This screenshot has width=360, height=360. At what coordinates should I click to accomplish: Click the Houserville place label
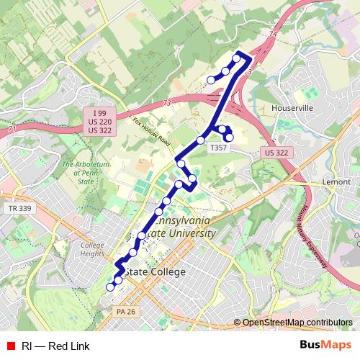pyautogui.click(x=292, y=107)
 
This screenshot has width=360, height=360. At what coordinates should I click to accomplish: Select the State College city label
pyautogui.click(x=154, y=271)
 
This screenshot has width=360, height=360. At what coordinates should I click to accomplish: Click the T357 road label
pyautogui.click(x=217, y=148)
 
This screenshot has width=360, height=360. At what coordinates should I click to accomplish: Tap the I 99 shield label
pyautogui.click(x=99, y=114)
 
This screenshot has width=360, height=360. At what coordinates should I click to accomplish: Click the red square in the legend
pyautogui.click(x=10, y=346)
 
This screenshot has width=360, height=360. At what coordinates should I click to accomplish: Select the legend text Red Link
pyautogui.click(x=69, y=346)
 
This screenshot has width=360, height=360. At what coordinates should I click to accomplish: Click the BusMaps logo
pyautogui.click(x=325, y=346)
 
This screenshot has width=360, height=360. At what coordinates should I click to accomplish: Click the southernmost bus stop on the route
pyautogui.click(x=111, y=287)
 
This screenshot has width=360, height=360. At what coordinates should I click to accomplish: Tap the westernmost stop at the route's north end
pyautogui.click(x=211, y=80)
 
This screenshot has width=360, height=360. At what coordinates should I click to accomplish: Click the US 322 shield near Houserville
pyautogui.click(x=276, y=153)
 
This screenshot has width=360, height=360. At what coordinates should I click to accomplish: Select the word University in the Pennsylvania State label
pyautogui.click(x=189, y=233)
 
